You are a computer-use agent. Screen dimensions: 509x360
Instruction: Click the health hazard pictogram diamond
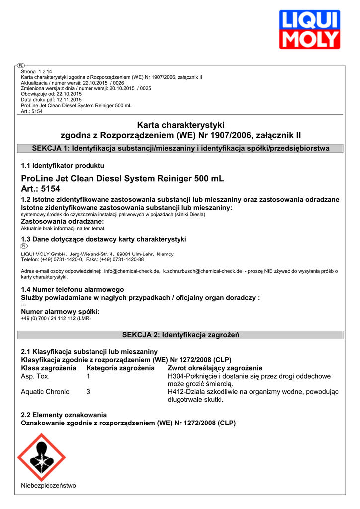pyautogui.click(x=42, y=458)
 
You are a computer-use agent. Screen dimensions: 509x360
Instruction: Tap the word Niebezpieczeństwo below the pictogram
pyautogui.click(x=48, y=485)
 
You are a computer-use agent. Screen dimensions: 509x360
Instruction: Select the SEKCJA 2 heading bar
pyautogui.click(x=180, y=335)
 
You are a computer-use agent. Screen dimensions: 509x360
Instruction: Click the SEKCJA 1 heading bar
pyautogui.click(x=180, y=148)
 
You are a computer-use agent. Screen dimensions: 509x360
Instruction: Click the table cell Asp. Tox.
pyautogui.click(x=35, y=376)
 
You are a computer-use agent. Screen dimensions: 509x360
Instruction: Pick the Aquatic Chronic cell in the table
pyautogui.click(x=45, y=392)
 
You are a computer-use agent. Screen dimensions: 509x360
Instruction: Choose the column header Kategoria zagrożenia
pyautogui.click(x=120, y=368)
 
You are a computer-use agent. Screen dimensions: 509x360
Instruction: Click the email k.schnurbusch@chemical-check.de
pyautogui.click(x=202, y=271)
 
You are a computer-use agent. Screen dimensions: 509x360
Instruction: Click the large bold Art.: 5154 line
pyautogui.click(x=40, y=189)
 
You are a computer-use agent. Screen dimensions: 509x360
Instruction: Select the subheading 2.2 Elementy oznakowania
pyautogui.click(x=64, y=415)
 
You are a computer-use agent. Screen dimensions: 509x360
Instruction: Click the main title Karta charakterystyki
pyautogui.click(x=180, y=125)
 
